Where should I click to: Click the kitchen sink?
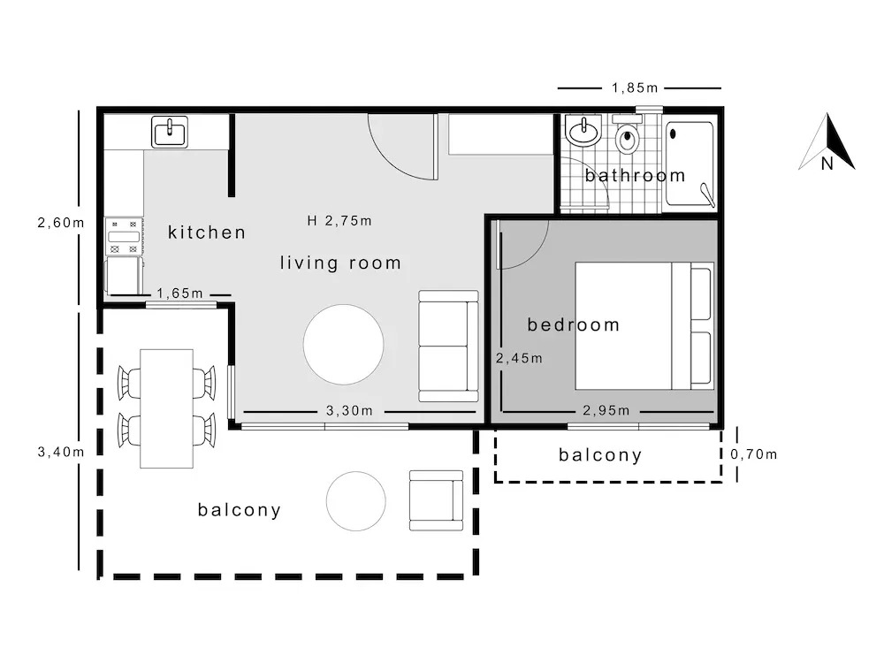[x=170, y=133]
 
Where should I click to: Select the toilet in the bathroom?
[x=627, y=134]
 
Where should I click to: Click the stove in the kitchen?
[x=124, y=236]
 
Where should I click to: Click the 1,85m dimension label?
[x=635, y=88]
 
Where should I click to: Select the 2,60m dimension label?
[x=61, y=223]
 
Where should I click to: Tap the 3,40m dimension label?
[x=61, y=452]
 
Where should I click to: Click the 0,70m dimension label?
[x=754, y=453]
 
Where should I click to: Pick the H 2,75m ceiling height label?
[x=339, y=220]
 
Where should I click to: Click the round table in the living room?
[x=343, y=345]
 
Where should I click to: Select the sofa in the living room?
[x=449, y=346]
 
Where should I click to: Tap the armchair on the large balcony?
[x=437, y=500]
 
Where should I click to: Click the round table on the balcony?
[x=355, y=501]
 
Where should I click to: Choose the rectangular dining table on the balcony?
[x=166, y=408]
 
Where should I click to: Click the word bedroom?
[x=574, y=324]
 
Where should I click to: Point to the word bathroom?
[x=635, y=175]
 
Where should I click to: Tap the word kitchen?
[x=207, y=232]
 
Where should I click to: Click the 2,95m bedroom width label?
[x=606, y=410]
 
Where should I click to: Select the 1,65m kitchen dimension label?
[x=179, y=293]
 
